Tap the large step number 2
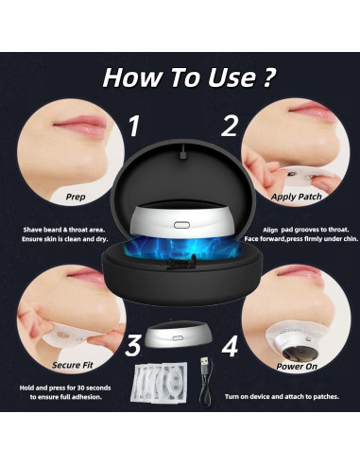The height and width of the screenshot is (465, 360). (x=227, y=126)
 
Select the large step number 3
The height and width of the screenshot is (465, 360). (x=134, y=345)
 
